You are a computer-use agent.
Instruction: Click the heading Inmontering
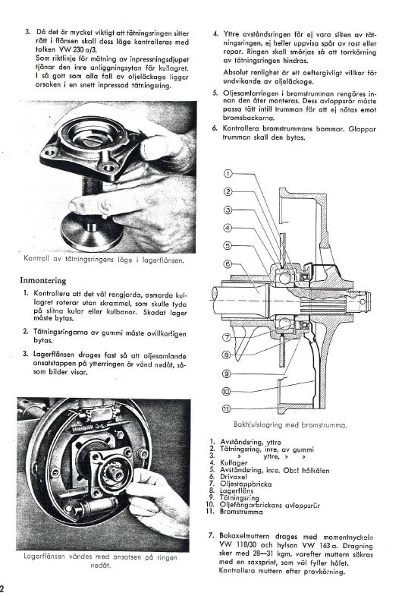pos(43,281)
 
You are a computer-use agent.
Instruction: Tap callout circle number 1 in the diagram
pos(228,174)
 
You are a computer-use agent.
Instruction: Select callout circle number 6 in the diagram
pos(228,263)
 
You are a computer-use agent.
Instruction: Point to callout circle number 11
pos(226,409)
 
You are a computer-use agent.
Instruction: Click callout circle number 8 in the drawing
pos(227,355)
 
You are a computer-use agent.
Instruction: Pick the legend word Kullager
pos(234,463)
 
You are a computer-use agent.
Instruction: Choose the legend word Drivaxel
pos(234,477)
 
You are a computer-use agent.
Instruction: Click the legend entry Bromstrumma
pos(241,512)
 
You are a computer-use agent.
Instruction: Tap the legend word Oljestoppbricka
pos(246,484)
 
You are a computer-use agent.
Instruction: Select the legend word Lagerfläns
pos(237,491)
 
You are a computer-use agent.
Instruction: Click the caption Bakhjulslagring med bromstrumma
pos(290,425)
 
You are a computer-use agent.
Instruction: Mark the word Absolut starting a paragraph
pos(236,72)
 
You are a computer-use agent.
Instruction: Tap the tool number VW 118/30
pos(237,545)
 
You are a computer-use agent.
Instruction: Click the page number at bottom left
pos(2,588)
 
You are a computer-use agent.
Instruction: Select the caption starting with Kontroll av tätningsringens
pos(104,260)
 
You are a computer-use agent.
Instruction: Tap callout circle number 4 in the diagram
pos(228,228)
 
